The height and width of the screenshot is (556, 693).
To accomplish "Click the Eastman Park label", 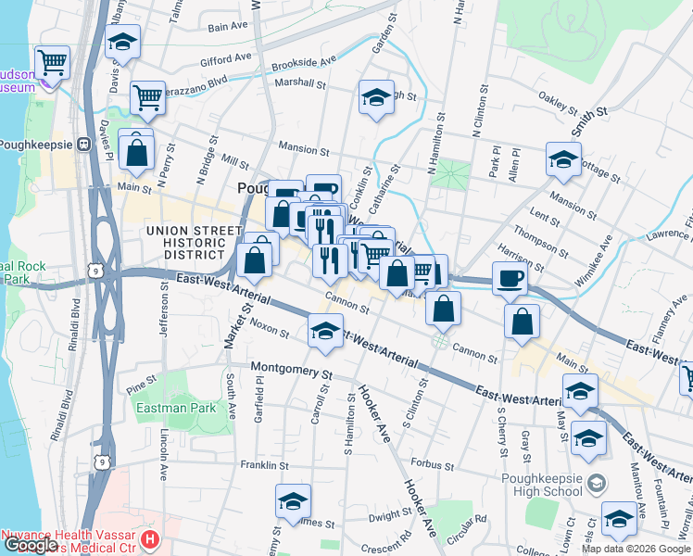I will coord(175,408).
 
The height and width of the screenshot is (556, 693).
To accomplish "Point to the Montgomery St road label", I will coord(291,371).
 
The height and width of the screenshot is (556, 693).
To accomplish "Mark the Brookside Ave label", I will coord(304,64).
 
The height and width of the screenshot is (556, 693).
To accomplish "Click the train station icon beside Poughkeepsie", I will coord(83,145).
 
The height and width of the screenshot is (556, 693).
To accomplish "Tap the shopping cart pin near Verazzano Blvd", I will coord(148,97).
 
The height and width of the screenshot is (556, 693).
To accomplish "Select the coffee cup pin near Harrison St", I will coord(509,278).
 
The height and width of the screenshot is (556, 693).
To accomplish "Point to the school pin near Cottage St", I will coord(562,161).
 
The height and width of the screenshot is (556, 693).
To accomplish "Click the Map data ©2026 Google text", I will coord(635,549).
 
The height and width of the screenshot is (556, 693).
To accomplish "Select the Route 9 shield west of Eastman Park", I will coord(107,461).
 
